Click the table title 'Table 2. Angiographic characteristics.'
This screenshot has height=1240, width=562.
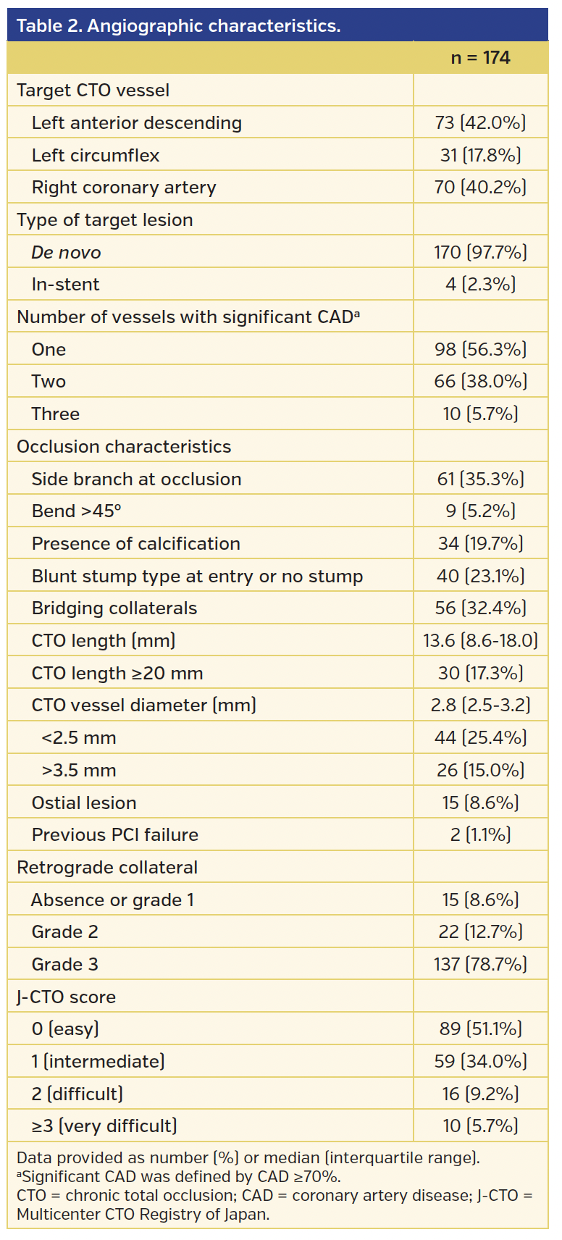point(178,26)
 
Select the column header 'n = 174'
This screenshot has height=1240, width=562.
point(480,58)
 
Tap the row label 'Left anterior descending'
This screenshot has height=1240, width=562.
point(136,123)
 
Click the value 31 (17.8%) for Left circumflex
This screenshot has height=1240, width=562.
point(480,156)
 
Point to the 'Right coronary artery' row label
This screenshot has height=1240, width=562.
point(124,188)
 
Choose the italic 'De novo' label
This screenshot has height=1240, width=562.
point(66,253)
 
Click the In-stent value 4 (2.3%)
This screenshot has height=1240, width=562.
point(480,285)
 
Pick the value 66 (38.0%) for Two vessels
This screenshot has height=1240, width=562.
point(480,382)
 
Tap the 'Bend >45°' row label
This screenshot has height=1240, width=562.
point(76,511)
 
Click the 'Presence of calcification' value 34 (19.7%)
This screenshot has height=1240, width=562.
point(480,544)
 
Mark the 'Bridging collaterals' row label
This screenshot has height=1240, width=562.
point(114,608)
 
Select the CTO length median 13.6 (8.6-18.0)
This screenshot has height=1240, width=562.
point(480,641)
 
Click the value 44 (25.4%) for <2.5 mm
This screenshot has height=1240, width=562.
point(480,738)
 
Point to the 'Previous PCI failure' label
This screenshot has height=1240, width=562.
point(114,835)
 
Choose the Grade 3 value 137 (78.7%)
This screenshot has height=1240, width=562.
point(480,965)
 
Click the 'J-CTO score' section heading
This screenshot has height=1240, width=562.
point(66,997)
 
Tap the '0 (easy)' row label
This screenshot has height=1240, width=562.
point(65,1029)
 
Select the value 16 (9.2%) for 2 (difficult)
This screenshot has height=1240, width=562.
point(480,1094)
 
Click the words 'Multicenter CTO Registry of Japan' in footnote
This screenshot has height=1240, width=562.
point(143,1215)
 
